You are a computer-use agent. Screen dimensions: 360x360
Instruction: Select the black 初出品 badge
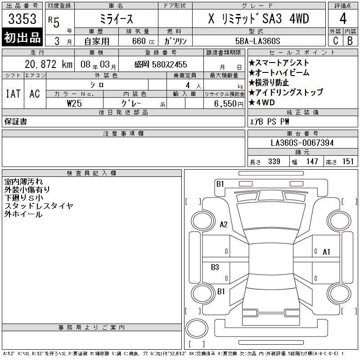pyautogui.click(x=22, y=38)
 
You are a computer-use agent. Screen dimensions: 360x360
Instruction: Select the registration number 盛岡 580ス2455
pyautogui.click(x=161, y=65)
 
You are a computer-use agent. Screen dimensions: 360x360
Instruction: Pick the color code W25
pyautogui.click(x=74, y=103)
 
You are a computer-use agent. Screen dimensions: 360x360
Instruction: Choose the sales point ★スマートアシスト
pyautogui.click(x=279, y=63)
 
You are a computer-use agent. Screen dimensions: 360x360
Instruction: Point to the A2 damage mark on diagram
pyautogui.click(x=223, y=225)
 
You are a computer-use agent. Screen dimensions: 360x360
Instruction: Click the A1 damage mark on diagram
pyautogui.click(x=326, y=252)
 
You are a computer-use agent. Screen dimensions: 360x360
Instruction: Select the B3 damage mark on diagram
pyautogui.click(x=215, y=267)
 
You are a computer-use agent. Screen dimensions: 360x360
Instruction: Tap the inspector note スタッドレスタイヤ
pyautogui.click(x=39, y=206)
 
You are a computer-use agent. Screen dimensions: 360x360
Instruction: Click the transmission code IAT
pyautogui.click(x=13, y=94)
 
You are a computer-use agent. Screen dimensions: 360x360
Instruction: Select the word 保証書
pyautogui.click(x=16, y=121)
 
